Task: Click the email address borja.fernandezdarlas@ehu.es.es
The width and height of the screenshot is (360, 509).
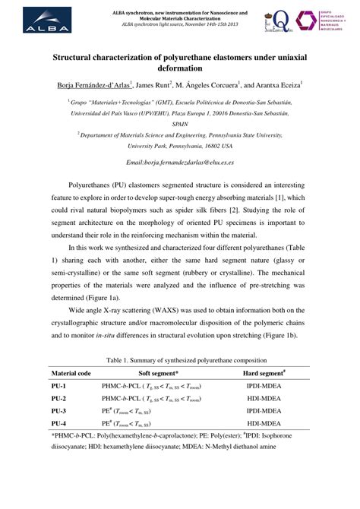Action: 180,163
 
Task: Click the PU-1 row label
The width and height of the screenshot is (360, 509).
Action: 59,387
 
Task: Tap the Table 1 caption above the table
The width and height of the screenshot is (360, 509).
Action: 180,359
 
